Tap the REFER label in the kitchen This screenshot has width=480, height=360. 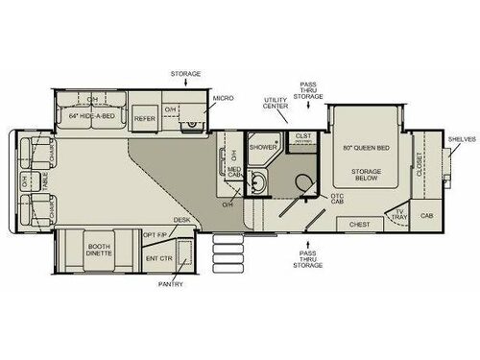point(145,119)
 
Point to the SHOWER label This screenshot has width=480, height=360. point(262,147)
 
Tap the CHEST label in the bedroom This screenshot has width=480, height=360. point(359,225)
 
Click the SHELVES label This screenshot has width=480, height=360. point(462,139)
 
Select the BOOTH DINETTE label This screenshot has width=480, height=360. point(96,251)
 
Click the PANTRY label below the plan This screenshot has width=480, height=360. point(173,284)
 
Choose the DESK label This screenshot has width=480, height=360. point(181,220)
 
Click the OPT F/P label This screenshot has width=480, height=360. point(156,234)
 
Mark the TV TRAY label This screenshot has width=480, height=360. point(400,219)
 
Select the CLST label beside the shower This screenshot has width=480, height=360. point(303,136)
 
